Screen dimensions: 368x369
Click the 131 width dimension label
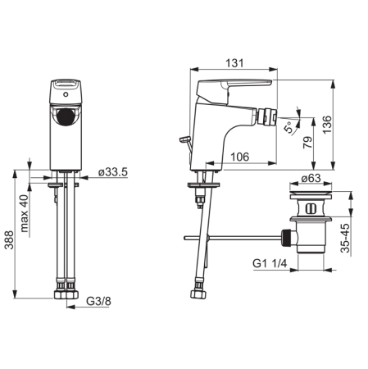tap(234, 63)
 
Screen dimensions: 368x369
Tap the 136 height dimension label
tap(327, 125)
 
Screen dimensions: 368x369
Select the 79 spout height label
tap(307, 143)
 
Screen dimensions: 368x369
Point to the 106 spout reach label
tap(240, 157)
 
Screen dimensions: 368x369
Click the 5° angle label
tap(288, 127)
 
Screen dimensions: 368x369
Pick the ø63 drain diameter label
tap(311, 178)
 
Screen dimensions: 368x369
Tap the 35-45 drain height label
tap(345, 238)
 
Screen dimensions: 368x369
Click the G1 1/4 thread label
tap(270, 263)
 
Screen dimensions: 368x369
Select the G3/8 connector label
tap(98, 301)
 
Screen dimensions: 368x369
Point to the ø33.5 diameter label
tap(113, 172)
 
